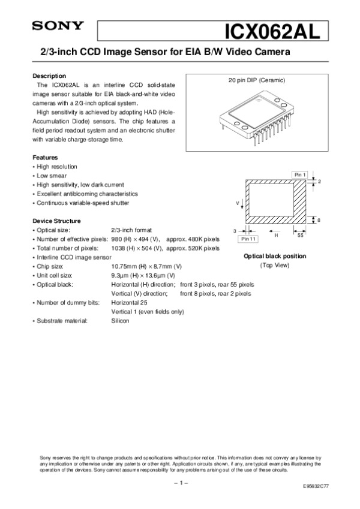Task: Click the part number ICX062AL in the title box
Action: coord(270,29)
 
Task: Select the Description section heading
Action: coord(49,76)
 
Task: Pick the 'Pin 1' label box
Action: coord(301,174)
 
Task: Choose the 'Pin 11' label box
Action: coord(248,239)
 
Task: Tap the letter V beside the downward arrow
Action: coord(237,204)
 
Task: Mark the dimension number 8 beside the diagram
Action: coord(319,220)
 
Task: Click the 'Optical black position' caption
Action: coord(274,256)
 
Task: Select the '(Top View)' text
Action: coord(274,265)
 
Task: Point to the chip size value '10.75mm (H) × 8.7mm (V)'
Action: coord(146,266)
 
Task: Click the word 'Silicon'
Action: coord(121,321)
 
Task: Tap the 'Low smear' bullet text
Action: coord(51,176)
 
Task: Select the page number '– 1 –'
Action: coord(180,481)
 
